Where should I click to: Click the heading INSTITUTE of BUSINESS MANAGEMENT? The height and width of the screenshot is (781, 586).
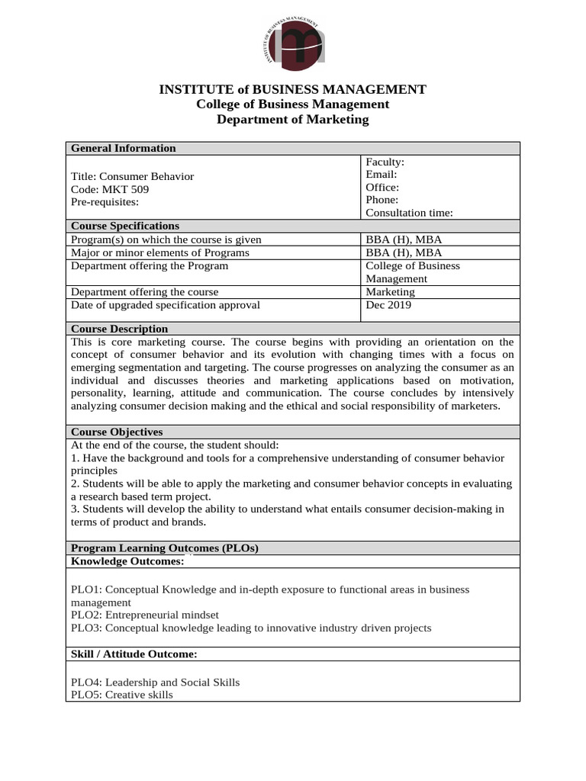pyautogui.click(x=292, y=89)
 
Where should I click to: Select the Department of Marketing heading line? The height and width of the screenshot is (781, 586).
pyautogui.click(x=292, y=120)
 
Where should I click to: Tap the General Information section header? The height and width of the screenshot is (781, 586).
pyautogui.click(x=124, y=148)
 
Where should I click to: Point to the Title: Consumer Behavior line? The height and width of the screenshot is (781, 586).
pyautogui.click(x=132, y=176)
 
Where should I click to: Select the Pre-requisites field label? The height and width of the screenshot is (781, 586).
pyautogui.click(x=105, y=202)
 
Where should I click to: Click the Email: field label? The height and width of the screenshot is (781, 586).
pyautogui.click(x=382, y=175)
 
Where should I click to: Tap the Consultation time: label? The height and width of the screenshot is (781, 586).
pyautogui.click(x=409, y=213)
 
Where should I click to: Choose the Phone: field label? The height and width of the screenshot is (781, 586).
pyautogui.click(x=382, y=200)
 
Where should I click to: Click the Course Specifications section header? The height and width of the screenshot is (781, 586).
pyautogui.click(x=125, y=226)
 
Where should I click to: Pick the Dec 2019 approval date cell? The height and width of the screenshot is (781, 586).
pyautogui.click(x=388, y=305)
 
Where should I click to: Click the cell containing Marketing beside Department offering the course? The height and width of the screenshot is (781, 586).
pyautogui.click(x=390, y=291)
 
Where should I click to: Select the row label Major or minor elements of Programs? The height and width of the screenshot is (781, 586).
pyautogui.click(x=160, y=252)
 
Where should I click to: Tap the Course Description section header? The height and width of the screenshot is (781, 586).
pyautogui.click(x=119, y=329)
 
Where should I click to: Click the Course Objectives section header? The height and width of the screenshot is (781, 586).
pyautogui.click(x=117, y=432)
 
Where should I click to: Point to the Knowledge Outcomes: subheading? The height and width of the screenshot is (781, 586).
pyautogui.click(x=127, y=561)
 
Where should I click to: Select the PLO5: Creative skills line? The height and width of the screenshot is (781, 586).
pyautogui.click(x=122, y=695)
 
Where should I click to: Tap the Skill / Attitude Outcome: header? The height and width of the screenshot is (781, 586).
pyautogui.click(x=134, y=654)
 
